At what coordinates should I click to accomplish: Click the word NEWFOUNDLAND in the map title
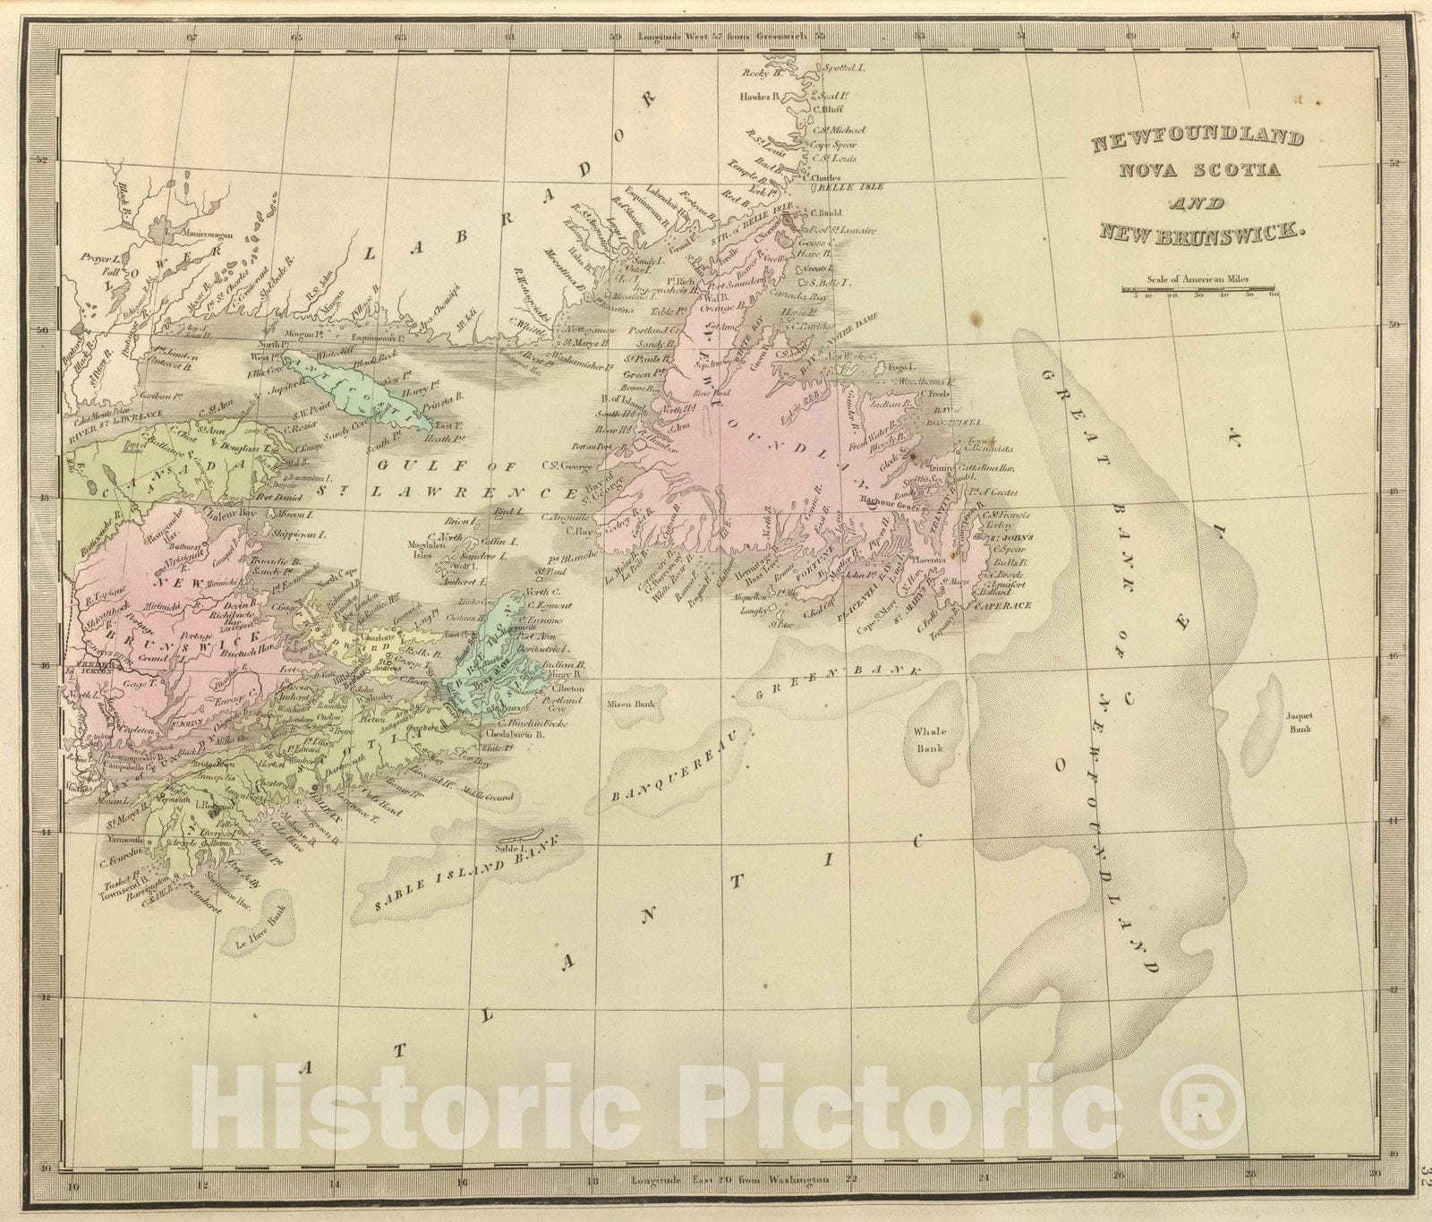point(1195,139)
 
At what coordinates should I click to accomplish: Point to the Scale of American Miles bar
point(1199,289)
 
